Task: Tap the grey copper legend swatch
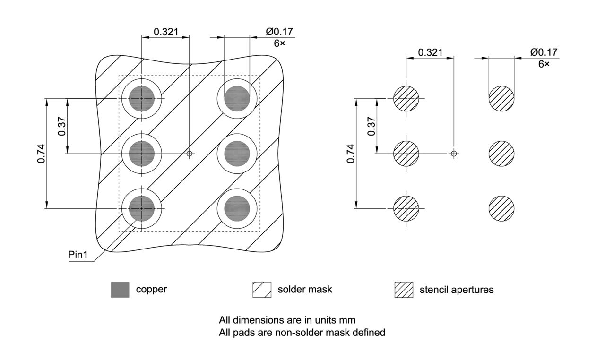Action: coord(120,290)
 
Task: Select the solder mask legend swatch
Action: coord(262,290)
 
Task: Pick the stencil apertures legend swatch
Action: coord(404,290)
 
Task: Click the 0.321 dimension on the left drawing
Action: coord(166,32)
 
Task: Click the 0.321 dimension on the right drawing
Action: coord(431,52)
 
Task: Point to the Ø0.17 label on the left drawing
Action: coord(279,32)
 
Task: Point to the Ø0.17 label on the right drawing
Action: coord(544,52)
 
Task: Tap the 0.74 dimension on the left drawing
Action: coord(42,154)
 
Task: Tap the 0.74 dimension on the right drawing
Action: coord(351,154)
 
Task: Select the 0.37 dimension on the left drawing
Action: coord(62,126)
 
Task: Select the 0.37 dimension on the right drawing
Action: coord(371,126)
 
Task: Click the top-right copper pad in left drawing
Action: coord(237,99)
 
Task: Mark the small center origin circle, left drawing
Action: coord(190,153)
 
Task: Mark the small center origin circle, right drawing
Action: coord(454,153)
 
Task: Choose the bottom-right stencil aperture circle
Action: coord(501,208)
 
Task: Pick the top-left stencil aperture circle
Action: coord(406,99)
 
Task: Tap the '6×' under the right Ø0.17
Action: coord(544,63)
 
